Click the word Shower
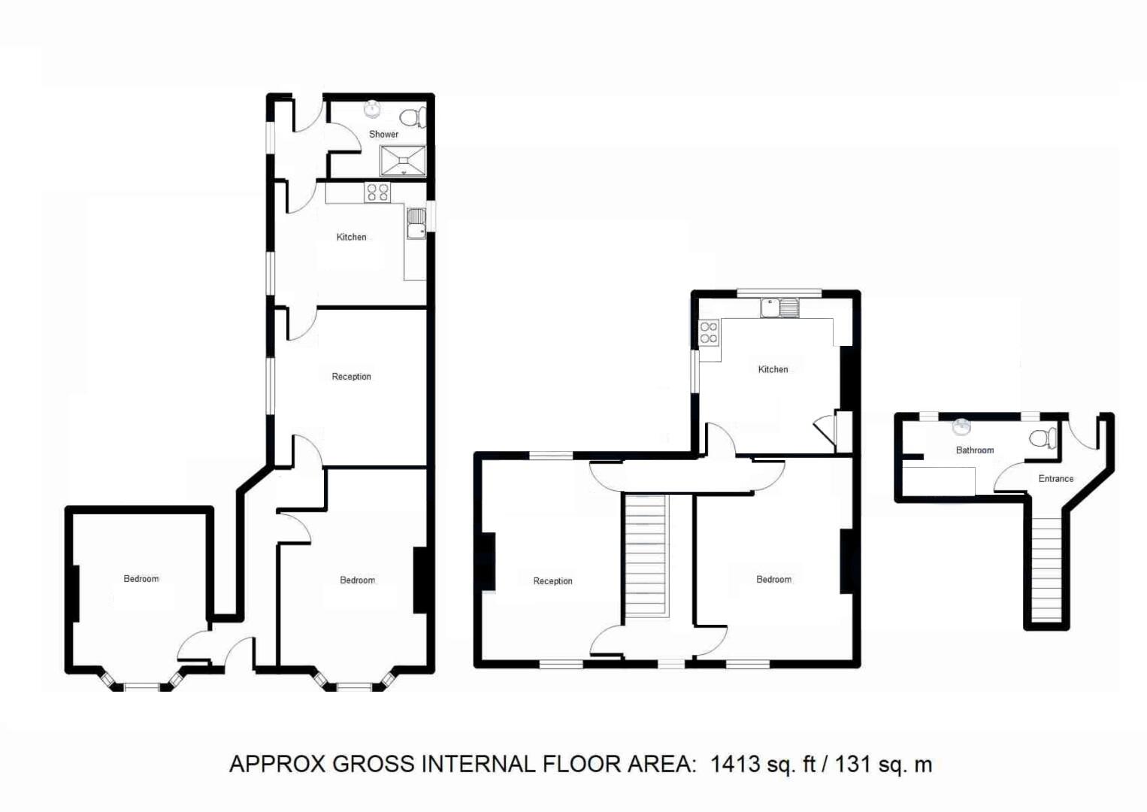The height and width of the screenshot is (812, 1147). tap(383, 135)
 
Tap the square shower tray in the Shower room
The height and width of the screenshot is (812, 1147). tap(403, 160)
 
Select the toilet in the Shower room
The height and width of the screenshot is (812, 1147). tap(412, 117)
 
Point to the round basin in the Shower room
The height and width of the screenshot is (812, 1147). tap(372, 109)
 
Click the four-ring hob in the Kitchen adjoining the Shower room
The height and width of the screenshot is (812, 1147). tap(377, 192)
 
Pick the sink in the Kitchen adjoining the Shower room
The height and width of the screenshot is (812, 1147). tap(416, 223)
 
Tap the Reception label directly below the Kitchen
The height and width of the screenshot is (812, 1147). tap(351, 377)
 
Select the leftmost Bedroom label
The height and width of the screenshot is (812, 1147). tap(141, 579)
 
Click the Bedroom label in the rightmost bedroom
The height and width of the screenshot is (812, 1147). tap(773, 580)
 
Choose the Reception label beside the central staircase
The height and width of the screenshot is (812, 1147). tap(552, 581)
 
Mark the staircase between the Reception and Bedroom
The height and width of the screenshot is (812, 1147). tap(646, 555)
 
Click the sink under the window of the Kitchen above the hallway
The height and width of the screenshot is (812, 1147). tap(779, 308)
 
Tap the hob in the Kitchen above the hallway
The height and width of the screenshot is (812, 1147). tap(709, 333)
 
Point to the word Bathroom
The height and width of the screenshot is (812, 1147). tap(974, 450)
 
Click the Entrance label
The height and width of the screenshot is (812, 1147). tap(1055, 479)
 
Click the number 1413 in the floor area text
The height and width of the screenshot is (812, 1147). tap(735, 765)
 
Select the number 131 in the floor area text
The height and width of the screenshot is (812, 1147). tap(852, 765)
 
